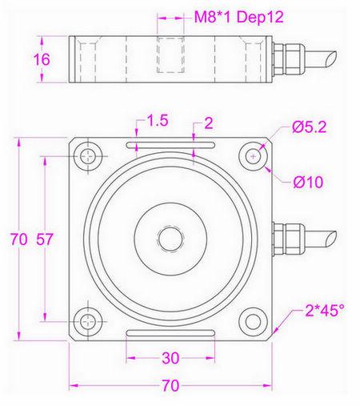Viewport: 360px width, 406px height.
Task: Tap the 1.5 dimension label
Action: pos(158,121)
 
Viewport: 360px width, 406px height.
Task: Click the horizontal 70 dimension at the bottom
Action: pos(169,385)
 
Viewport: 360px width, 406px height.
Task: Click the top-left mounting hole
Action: pos(86,155)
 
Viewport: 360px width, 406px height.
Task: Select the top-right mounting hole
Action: pos(254,156)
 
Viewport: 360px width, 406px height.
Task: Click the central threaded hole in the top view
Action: pos(170,238)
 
